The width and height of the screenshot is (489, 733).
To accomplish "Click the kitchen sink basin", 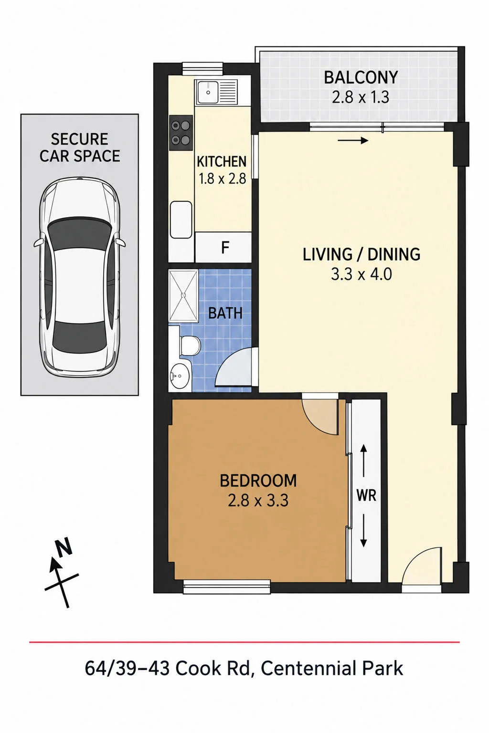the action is tap(208, 92).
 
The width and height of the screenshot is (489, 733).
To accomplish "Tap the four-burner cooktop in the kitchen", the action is tap(181, 133).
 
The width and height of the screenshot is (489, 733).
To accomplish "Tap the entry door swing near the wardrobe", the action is tap(422, 565).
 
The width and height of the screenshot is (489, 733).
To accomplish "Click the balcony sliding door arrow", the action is tap(353, 141).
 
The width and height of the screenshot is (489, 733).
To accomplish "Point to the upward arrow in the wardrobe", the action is tap(363, 460).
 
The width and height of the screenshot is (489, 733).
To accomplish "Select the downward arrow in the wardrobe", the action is tap(363, 530).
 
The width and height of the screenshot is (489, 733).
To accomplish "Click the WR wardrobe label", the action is tap(366, 495).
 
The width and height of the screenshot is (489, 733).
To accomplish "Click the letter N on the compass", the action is tap(63, 546).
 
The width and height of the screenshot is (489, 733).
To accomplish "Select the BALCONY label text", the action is tap(361, 78).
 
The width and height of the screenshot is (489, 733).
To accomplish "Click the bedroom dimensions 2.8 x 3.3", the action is tap(258, 500).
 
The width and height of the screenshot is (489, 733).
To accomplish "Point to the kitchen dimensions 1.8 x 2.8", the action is tap(223, 178).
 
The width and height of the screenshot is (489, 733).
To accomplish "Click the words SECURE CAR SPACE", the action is tap(80, 147).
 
